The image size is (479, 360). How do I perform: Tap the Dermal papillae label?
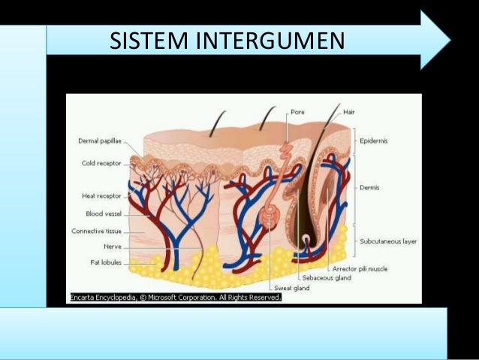click(x=100, y=141)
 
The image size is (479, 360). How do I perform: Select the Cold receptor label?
click(x=100, y=162)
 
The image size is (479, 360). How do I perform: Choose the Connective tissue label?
click(x=98, y=231)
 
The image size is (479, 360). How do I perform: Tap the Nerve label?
click(x=111, y=246)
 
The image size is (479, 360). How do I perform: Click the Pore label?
click(x=297, y=111)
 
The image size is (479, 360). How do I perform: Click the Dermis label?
click(x=369, y=188)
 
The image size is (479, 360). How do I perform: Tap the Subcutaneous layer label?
click(x=388, y=241)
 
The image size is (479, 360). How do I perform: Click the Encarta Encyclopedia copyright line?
click(x=175, y=298)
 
